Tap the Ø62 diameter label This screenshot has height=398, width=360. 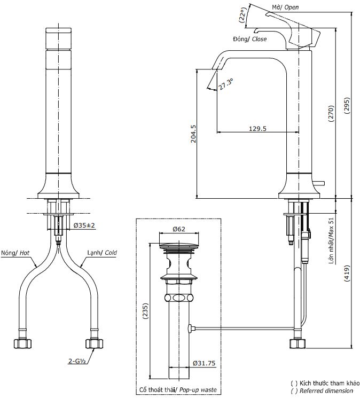click(178, 229)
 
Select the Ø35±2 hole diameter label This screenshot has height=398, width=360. click(83, 225)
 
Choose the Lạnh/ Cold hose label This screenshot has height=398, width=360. click(103, 253)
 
